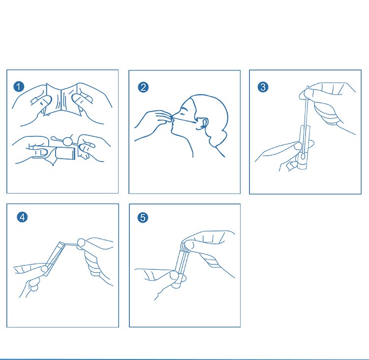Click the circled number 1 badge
point(19,87)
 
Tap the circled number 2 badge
point(143,87)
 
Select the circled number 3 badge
point(263,87)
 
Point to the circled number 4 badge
point(22,217)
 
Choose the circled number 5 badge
point(143,217)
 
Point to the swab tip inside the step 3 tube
point(303,156)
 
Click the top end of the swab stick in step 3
point(308,87)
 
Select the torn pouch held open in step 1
point(61,100)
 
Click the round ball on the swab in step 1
point(67,141)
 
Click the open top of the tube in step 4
point(61,244)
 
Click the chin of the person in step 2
point(174,131)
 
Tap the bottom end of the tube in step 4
point(46,273)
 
